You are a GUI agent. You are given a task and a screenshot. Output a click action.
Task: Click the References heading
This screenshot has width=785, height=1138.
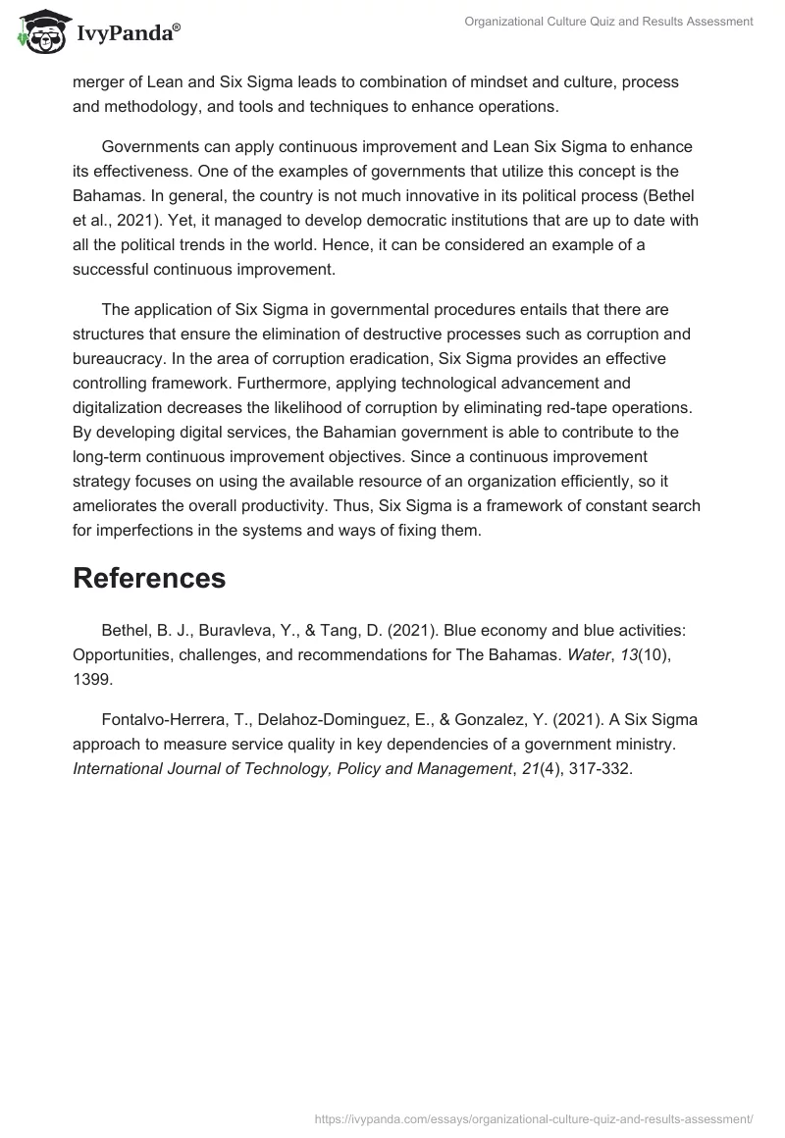pyautogui.click(x=149, y=578)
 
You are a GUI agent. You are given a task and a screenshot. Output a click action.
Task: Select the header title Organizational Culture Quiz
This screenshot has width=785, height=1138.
pyautogui.click(x=608, y=21)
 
